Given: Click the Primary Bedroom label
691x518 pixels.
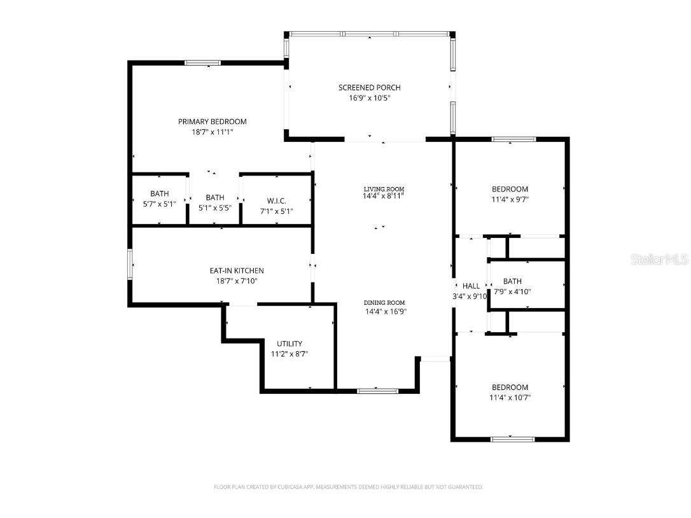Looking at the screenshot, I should (212, 122).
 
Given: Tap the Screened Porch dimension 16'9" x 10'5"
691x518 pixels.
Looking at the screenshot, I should (369, 98).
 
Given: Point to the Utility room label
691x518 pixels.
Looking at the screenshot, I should (290, 344).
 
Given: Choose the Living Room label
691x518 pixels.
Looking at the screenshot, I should (384, 189).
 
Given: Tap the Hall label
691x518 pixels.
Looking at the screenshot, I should (471, 286).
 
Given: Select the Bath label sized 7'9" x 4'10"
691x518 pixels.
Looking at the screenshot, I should (512, 281).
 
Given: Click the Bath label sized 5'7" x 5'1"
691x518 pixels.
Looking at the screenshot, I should (160, 193).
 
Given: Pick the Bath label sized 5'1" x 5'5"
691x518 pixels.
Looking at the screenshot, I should (215, 197).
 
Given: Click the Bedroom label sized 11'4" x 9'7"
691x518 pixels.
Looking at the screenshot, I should (510, 189).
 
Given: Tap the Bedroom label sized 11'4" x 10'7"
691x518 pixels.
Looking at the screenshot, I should (510, 387).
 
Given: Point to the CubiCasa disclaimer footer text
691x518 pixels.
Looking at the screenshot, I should (348, 487).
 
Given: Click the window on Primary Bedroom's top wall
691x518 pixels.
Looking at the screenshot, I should (202, 62).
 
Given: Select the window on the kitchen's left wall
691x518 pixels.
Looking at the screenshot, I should (130, 264).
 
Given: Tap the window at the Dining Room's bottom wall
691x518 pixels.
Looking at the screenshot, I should (378, 390).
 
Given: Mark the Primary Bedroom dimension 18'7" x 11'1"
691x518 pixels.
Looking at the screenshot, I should (212, 132).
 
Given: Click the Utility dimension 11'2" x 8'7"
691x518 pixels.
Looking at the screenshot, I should (290, 354).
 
